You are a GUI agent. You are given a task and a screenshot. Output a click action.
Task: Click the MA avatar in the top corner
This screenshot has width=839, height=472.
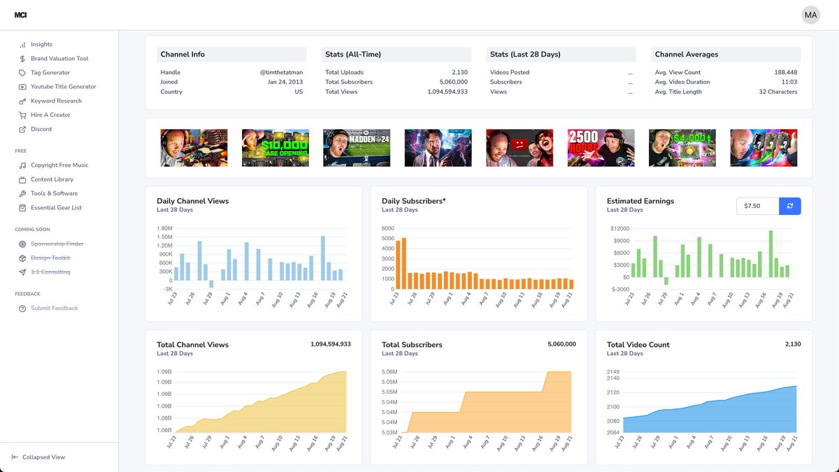point(810,15)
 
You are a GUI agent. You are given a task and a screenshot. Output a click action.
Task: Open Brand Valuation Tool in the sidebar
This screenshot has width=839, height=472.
point(59,59)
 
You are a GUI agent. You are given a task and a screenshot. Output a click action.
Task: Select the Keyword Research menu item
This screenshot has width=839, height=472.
point(56,101)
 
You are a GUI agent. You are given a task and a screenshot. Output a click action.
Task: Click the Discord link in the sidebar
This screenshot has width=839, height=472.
point(41,129)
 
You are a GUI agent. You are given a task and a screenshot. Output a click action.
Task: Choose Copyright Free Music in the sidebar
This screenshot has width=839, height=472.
point(59,165)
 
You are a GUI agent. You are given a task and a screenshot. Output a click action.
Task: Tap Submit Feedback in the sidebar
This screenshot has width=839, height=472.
point(54,308)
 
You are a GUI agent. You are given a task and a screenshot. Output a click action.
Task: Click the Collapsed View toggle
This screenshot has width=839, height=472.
point(43,457)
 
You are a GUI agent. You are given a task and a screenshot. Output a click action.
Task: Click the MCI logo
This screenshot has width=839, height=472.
point(20,15)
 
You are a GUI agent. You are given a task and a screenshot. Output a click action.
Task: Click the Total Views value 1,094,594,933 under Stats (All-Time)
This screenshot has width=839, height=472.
point(447,92)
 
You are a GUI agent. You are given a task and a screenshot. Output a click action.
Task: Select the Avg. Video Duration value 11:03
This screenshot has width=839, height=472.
point(789,82)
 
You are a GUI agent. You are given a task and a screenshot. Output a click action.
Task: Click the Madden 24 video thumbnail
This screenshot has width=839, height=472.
point(357,147)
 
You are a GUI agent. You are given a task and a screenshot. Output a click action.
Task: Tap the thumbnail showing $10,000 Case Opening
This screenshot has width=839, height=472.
point(275,147)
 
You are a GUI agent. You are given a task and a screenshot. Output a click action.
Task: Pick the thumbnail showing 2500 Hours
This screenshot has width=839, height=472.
point(601,147)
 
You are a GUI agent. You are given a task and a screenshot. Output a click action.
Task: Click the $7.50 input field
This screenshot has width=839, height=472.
point(757,206)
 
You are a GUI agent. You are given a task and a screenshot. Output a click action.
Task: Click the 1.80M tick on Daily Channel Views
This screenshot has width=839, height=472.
point(164,228)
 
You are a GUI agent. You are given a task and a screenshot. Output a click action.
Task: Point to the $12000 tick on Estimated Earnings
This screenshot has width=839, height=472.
point(619,228)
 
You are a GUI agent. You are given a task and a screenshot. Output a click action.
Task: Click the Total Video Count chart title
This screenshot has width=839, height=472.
point(638,345)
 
